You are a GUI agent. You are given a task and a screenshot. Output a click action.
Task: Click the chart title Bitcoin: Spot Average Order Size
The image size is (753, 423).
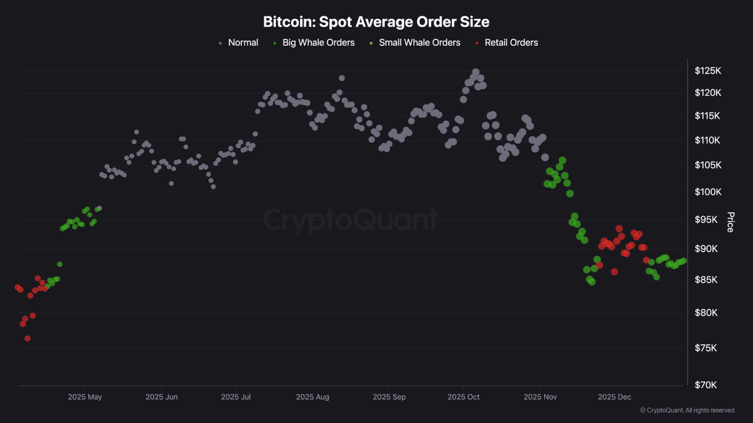[x=376, y=22]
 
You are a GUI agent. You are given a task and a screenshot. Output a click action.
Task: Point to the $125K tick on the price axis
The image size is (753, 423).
[x=708, y=71]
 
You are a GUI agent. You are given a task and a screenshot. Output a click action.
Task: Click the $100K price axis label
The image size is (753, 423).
[x=708, y=192]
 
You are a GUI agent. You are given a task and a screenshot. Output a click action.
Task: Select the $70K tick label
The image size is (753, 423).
[x=706, y=385]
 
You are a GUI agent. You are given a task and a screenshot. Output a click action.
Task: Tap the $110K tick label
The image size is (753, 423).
[x=708, y=140]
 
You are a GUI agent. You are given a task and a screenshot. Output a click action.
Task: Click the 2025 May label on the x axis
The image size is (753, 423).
[x=85, y=397]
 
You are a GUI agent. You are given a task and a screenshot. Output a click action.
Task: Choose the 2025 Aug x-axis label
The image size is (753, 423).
[x=312, y=397]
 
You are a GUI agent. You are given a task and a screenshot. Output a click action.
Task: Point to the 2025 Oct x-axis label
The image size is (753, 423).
[x=464, y=397]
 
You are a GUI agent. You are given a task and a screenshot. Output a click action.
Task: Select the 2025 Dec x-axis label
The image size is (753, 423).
[x=615, y=397]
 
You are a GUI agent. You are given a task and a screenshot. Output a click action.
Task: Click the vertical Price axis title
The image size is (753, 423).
[x=731, y=222]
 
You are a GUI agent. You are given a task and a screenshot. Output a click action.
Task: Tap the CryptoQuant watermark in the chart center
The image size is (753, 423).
[x=351, y=220]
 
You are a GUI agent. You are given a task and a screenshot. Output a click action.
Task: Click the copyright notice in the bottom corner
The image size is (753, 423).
[x=687, y=410]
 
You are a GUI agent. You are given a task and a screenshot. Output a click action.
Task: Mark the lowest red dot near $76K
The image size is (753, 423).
[x=28, y=338]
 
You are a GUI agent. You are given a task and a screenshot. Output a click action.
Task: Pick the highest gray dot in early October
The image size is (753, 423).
[x=475, y=72]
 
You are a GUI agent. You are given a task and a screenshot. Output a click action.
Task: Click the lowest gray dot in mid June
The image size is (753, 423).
[x=213, y=187]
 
